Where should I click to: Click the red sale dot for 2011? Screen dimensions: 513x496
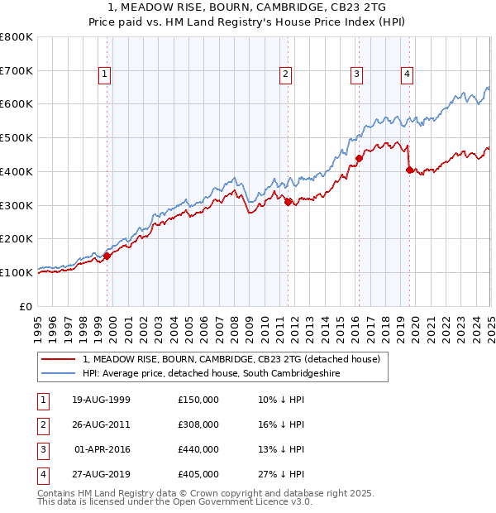click(288, 201)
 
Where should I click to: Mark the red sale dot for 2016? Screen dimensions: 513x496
click(359, 157)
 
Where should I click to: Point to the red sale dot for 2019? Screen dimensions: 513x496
click(410, 170)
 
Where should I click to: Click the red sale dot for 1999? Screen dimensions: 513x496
click(107, 256)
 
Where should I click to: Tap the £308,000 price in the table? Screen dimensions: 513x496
click(198, 424)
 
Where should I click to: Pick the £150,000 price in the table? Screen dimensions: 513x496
click(198, 400)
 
